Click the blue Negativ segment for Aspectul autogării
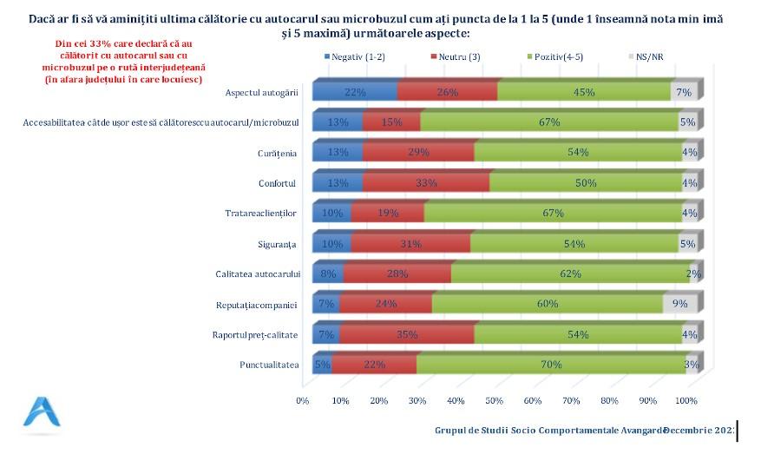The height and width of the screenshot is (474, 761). coord(354,92)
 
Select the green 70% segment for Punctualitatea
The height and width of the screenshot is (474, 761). coord(550,365)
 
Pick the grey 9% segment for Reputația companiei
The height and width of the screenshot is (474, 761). coord(679,305)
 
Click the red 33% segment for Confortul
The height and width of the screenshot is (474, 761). coord(426,183)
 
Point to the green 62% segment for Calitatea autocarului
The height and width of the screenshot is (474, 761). coord(570,274)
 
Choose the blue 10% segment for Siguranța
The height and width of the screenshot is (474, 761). coord(331,244)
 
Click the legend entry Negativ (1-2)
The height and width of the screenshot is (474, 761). coord(358,57)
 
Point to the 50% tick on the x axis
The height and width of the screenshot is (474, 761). coord(494,400)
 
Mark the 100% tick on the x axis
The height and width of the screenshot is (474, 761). coord(686,400)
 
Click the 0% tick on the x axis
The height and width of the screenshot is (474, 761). coord(303,400)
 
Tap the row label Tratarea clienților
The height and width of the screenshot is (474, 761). coord(260,214)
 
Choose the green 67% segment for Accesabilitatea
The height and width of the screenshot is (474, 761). coord(548,122)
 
